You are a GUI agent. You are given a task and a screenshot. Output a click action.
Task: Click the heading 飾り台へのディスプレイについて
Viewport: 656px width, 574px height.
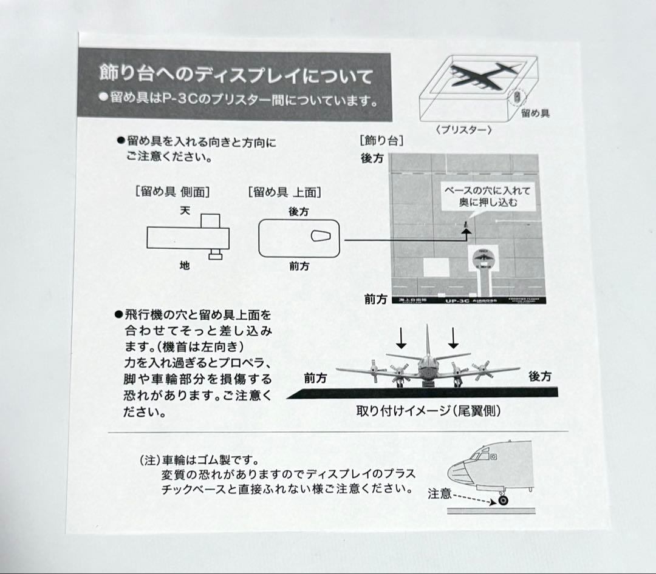point(235,76)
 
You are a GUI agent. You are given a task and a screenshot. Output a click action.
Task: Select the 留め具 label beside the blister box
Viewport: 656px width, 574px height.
point(535,113)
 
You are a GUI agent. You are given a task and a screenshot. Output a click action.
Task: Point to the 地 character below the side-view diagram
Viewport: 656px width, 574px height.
point(185,266)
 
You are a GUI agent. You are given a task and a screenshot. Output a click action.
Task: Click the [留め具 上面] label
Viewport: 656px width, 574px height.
point(285,192)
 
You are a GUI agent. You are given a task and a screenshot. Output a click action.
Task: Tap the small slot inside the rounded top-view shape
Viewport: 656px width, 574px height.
point(320,237)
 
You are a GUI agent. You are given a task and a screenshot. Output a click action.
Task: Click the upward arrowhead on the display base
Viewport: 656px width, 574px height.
point(465,230)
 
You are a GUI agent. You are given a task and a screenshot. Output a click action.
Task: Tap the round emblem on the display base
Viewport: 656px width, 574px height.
point(483,259)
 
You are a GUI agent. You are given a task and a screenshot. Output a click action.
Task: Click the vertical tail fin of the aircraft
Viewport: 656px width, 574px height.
point(427,343)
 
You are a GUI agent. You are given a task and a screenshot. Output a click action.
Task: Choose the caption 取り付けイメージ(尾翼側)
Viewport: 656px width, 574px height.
point(428,411)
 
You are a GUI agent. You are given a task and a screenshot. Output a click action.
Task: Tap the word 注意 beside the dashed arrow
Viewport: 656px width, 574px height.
point(439,493)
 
